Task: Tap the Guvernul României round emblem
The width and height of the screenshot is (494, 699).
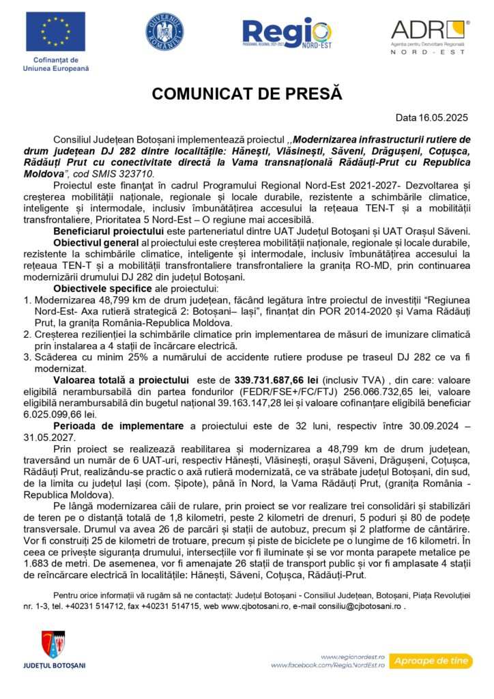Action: point(164,31)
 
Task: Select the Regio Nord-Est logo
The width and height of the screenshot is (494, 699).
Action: point(287,34)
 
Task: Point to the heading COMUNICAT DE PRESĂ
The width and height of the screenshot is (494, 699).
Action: point(247,94)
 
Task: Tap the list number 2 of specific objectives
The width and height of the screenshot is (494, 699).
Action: point(27,333)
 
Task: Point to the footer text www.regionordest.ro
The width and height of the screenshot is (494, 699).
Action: point(355,654)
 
